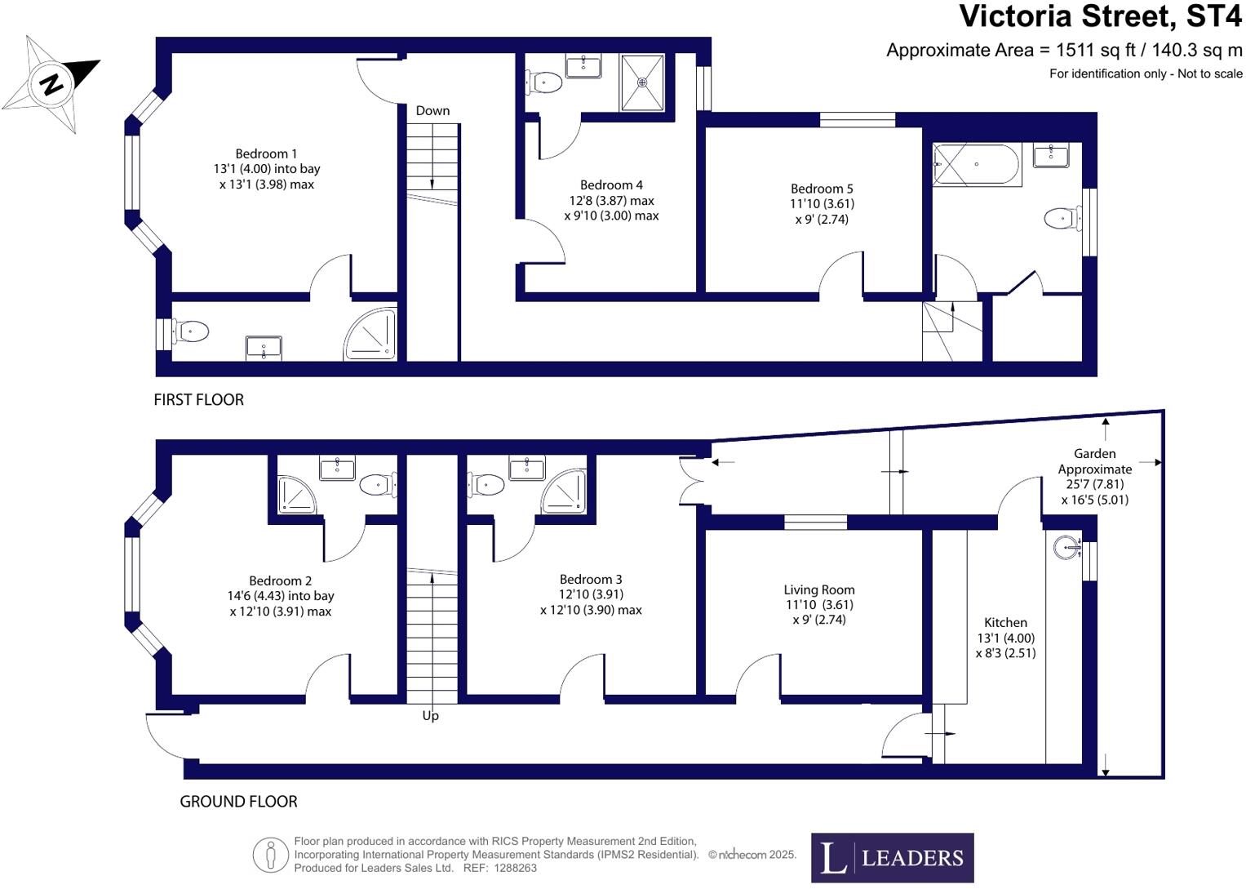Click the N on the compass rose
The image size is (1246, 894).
[51, 85]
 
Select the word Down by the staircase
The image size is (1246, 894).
[432, 110]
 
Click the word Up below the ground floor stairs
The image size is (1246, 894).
[431, 716]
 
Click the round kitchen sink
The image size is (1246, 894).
[1066, 547]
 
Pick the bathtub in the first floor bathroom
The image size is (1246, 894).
[976, 164]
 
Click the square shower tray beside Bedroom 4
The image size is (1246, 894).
[642, 82]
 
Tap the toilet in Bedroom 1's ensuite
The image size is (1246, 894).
[189, 331]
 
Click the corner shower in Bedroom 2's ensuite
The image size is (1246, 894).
[296, 494]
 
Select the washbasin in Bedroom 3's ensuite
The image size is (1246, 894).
[527, 468]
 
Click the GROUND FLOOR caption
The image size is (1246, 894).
[238, 802]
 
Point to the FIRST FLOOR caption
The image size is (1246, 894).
[198, 400]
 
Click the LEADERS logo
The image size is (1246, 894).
[892, 858]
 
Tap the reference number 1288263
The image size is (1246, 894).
[516, 868]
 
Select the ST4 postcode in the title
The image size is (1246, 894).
[1213, 16]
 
